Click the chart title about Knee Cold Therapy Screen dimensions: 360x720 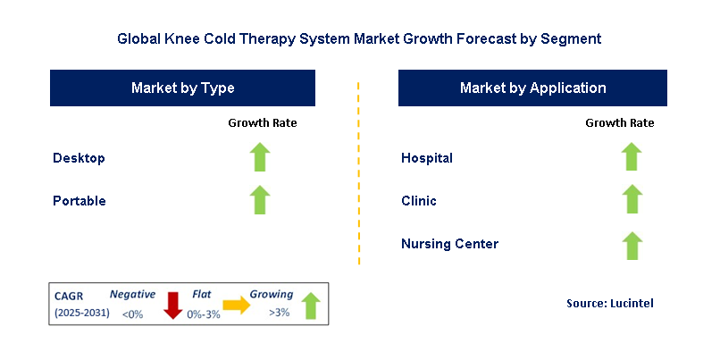click(359, 39)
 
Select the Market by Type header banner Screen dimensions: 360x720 click(183, 88)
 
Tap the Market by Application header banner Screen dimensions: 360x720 click(532, 88)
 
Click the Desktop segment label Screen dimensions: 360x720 click(79, 158)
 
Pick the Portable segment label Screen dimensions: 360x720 click(80, 201)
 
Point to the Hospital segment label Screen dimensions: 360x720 click(427, 158)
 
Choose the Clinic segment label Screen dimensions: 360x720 click(419, 201)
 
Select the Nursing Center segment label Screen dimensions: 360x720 click(449, 244)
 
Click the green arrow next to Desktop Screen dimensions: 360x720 click(260, 157)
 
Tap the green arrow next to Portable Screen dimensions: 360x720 click(260, 200)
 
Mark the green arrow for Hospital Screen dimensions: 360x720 click(632, 157)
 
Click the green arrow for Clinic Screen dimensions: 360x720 click(632, 200)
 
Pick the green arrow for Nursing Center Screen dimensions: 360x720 click(632, 244)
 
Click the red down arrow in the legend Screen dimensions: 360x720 click(173, 305)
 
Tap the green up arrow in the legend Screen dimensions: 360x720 click(311, 305)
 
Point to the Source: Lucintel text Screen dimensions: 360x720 click(610, 304)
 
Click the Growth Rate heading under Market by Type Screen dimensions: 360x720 click(263, 122)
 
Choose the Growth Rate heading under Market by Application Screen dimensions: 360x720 click(620, 122)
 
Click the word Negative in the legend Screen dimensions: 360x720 click(132, 294)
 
